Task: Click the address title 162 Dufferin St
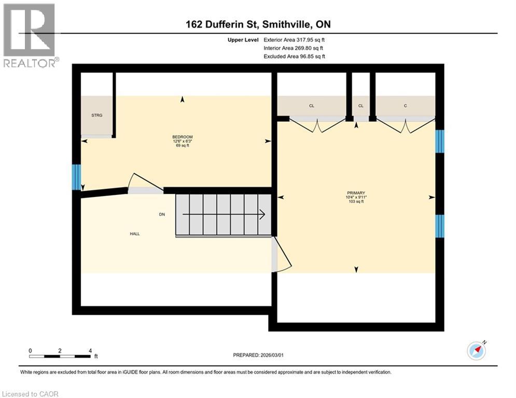point(258,24)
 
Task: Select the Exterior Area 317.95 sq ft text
point(294,39)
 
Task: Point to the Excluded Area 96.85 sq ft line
point(294,56)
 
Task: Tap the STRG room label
point(96,115)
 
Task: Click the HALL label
point(134,234)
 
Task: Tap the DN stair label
point(162,214)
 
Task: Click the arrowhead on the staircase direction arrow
point(262,214)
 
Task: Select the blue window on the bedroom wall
point(76,177)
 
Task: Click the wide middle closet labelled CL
point(312,106)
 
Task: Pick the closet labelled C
point(405,106)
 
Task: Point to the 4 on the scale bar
point(90,351)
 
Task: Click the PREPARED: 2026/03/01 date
point(258,355)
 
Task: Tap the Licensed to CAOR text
point(31,394)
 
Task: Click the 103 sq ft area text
point(356,202)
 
